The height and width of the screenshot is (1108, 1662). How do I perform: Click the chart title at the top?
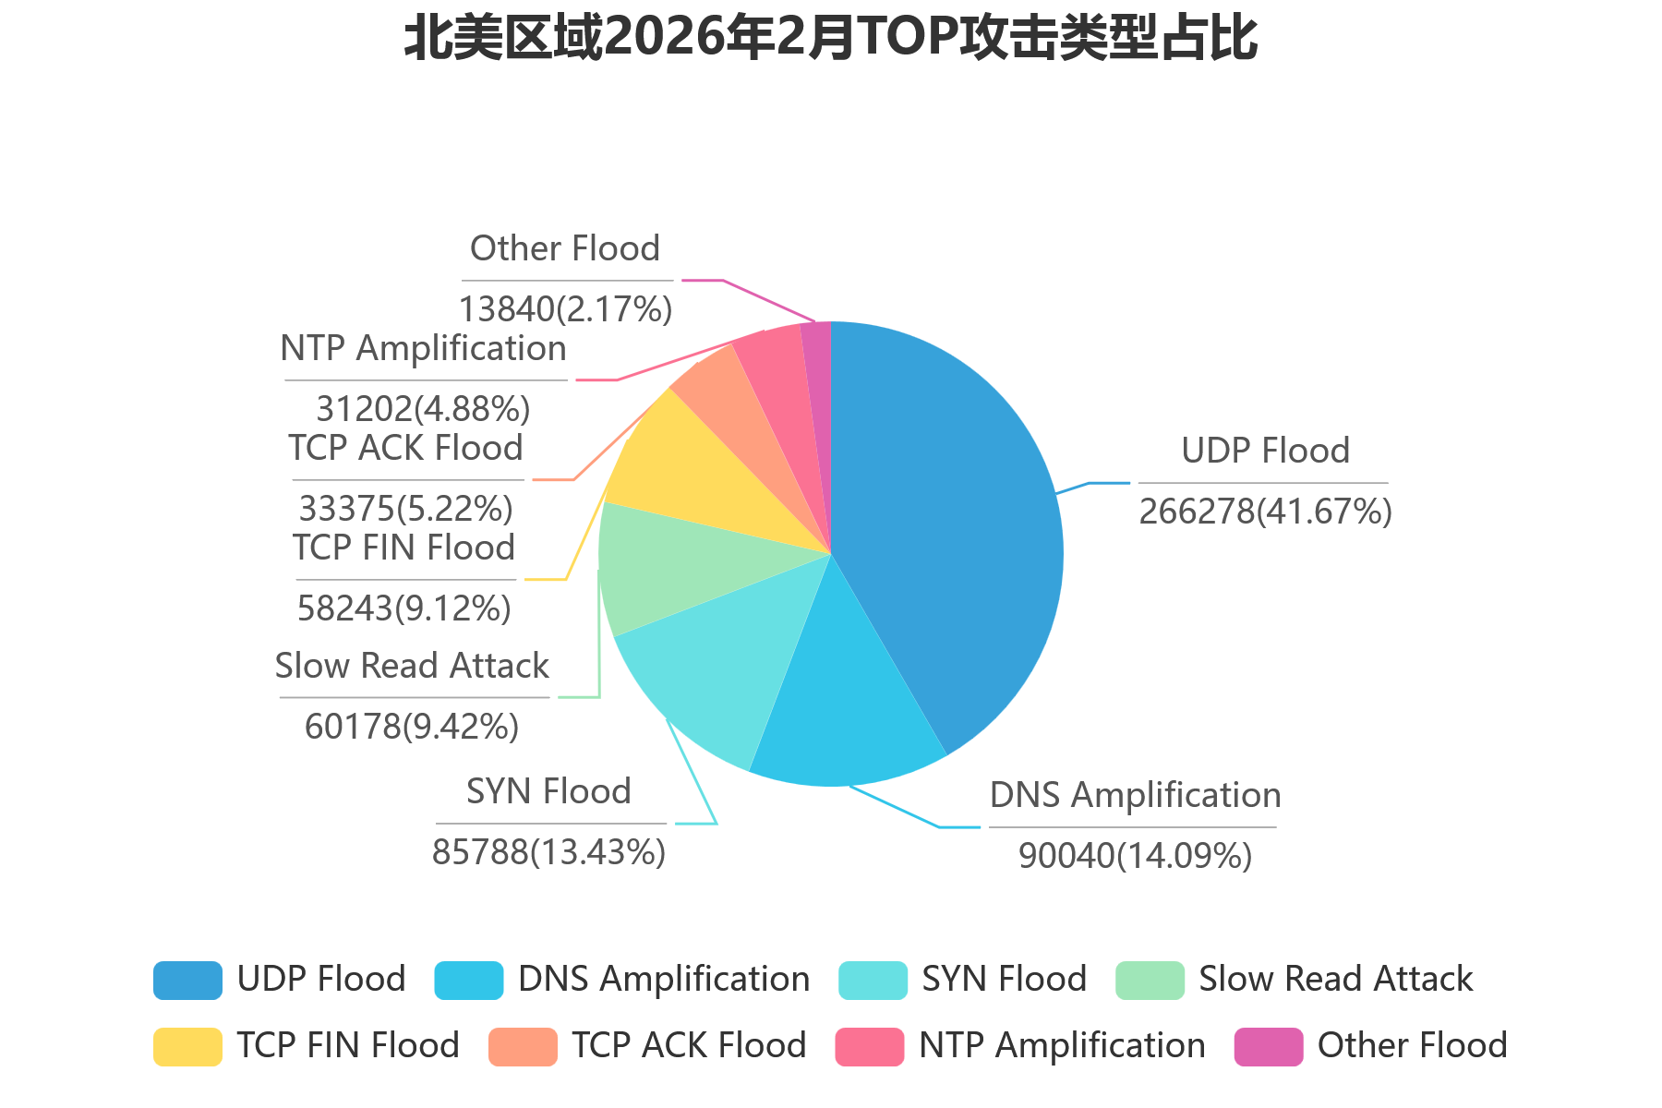click(x=830, y=39)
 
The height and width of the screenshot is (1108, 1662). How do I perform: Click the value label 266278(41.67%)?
click(x=1265, y=511)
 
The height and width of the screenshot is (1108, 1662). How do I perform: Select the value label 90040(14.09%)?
click(x=1135, y=856)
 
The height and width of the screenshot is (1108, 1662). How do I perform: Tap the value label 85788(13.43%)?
click(x=548, y=851)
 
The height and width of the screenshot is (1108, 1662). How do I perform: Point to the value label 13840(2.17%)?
click(x=565, y=308)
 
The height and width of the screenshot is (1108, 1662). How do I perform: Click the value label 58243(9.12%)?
click(x=404, y=608)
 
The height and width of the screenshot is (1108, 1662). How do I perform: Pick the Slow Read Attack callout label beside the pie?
click(x=412, y=666)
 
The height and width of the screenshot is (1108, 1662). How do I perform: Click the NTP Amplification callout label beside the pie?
click(x=423, y=348)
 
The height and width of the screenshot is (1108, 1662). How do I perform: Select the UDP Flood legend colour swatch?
click(x=187, y=981)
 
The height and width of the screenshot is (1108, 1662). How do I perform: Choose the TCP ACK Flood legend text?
click(x=689, y=1045)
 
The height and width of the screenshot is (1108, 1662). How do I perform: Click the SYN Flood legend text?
click(x=1005, y=979)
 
